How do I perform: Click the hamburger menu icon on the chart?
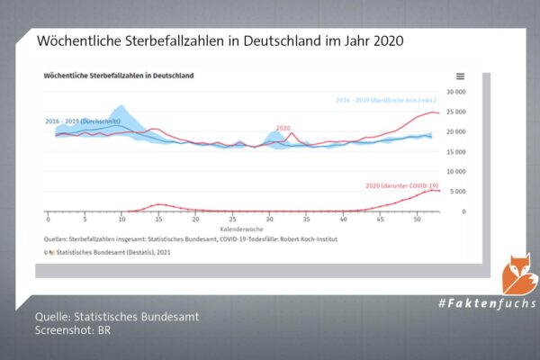(x=461, y=76)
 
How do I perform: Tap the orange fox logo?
(x=519, y=273)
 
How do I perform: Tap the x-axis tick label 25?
(x=232, y=220)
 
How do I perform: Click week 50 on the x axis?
(x=417, y=220)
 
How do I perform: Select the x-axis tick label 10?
(x=121, y=220)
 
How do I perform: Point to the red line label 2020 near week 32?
(x=283, y=129)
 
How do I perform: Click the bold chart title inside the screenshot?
(x=119, y=76)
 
